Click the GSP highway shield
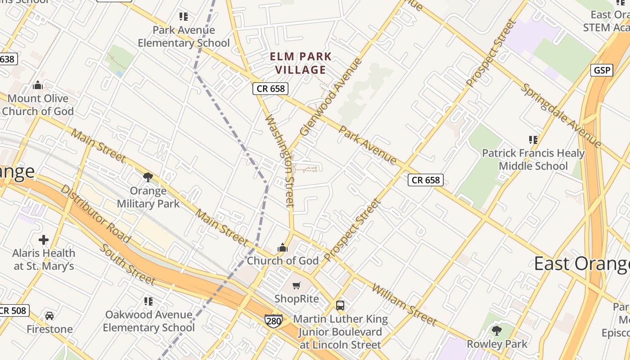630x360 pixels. click(602, 70)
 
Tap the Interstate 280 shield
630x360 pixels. click(273, 321)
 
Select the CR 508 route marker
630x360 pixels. click(13, 310)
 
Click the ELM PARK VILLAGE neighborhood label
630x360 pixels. click(301, 63)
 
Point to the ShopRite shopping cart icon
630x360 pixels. click(296, 285)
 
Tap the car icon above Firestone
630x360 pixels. click(49, 315)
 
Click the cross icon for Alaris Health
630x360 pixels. click(44, 240)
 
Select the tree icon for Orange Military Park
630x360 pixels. click(148, 177)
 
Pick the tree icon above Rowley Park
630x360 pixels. click(496, 331)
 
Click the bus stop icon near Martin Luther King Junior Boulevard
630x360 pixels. click(340, 306)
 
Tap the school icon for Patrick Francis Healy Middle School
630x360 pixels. click(533, 140)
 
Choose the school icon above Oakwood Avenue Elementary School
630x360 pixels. click(148, 301)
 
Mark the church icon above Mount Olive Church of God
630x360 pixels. click(38, 85)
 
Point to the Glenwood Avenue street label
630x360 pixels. click(331, 97)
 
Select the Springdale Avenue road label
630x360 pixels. click(561, 116)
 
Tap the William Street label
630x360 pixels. click(403, 305)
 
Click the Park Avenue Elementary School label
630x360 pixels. click(184, 36)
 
